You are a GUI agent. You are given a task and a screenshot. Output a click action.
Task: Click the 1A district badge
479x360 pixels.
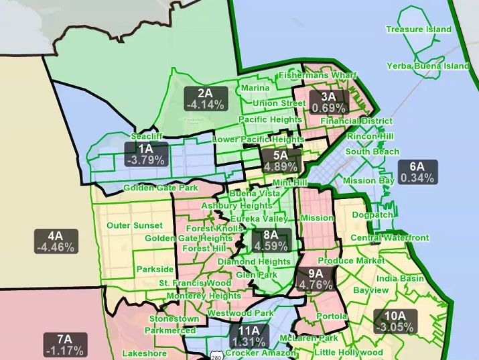click(145, 154)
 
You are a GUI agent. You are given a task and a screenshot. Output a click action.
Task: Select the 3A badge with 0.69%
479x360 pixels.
click(328, 101)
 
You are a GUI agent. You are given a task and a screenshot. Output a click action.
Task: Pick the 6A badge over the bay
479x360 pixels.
click(417, 172)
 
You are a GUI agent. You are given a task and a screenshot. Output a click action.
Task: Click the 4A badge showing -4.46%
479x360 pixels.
click(56, 241)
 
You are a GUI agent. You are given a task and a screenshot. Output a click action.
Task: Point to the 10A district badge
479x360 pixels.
click(395, 321)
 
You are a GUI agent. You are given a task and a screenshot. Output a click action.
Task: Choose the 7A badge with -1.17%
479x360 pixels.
click(64, 345)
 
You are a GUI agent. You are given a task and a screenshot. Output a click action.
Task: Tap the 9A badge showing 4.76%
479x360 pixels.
click(316, 278)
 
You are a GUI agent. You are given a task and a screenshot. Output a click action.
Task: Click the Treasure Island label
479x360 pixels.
click(419, 29)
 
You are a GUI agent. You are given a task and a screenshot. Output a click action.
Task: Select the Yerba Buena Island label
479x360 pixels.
click(428, 66)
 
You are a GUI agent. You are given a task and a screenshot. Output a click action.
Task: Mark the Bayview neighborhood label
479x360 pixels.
click(370, 291)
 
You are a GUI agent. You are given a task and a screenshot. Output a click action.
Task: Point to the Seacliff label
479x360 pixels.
click(147, 135)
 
